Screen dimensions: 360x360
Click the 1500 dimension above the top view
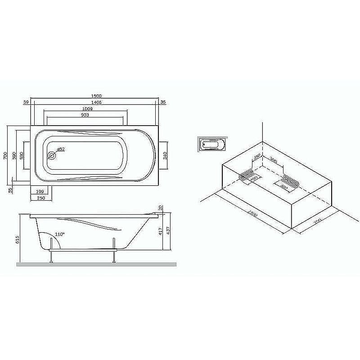[96, 96]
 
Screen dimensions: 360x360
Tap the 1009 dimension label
[87, 109]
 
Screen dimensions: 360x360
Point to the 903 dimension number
[85, 115]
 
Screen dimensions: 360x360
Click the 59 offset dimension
[26, 103]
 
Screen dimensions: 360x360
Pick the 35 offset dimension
[163, 103]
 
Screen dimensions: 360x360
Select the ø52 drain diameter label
[61, 149]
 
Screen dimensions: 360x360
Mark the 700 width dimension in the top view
[4, 155]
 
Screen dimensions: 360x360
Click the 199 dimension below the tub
[40, 192]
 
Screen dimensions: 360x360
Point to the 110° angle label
[60, 234]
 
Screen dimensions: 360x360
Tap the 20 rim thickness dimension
[161, 207]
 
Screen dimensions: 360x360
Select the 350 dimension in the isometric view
[257, 157]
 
